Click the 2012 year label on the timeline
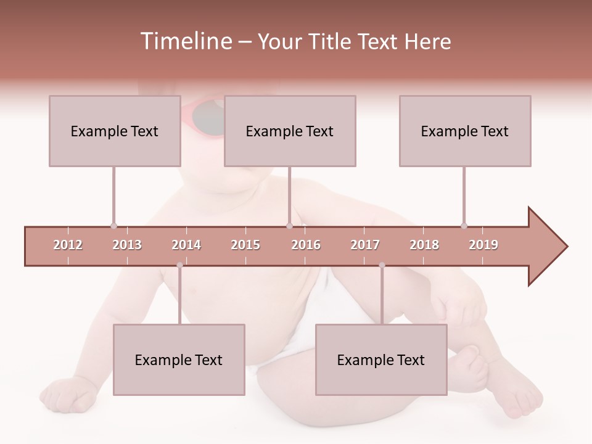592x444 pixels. click(x=68, y=245)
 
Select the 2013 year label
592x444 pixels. click(x=127, y=245)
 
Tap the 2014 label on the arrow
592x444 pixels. click(x=186, y=245)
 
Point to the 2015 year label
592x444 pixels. click(x=245, y=245)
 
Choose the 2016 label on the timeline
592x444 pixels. click(x=306, y=245)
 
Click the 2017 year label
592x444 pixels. click(x=365, y=245)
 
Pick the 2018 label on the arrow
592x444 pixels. click(x=424, y=245)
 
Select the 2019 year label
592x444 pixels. click(x=483, y=245)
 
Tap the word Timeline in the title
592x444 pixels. click(x=185, y=41)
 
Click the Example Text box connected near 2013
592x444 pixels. click(x=115, y=131)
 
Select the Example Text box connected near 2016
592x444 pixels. click(x=290, y=131)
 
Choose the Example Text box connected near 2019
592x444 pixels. click(x=465, y=131)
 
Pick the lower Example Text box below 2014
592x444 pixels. click(x=179, y=360)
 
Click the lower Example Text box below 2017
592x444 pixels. click(x=381, y=360)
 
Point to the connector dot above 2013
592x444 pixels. click(x=113, y=226)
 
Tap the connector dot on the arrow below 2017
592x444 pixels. click(x=382, y=265)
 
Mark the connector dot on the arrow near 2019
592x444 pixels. click(x=464, y=226)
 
